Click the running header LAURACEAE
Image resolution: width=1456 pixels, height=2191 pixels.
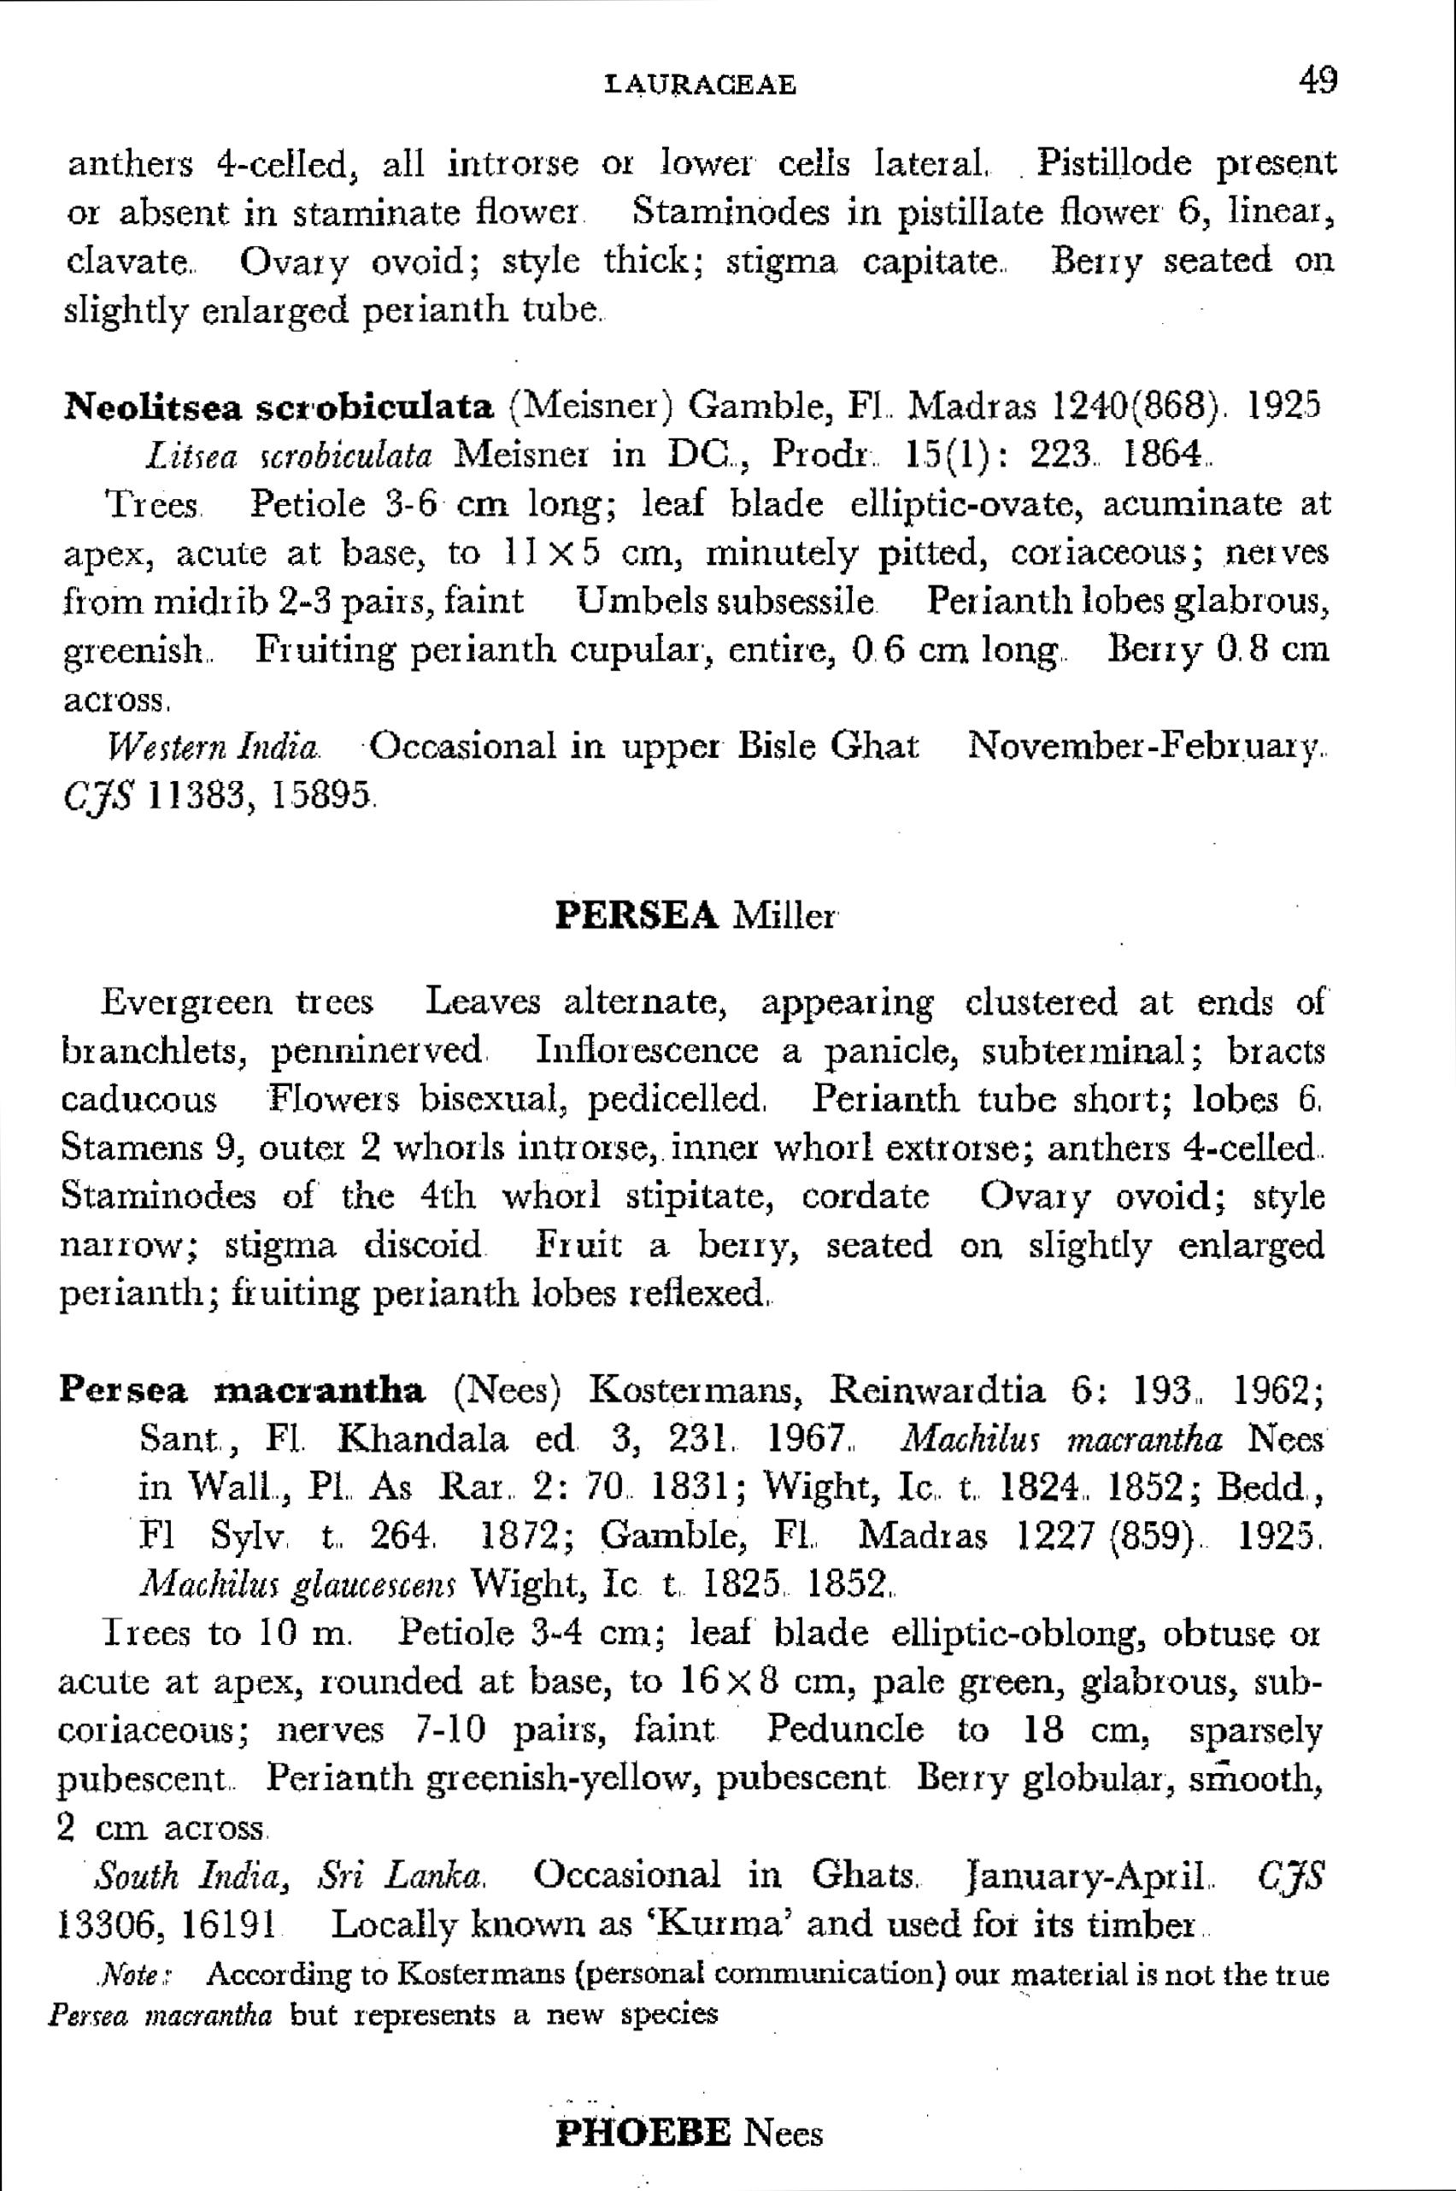(700, 85)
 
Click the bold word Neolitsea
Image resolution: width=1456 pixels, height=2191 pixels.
(153, 407)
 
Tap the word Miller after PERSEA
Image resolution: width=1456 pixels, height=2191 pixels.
(784, 917)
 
